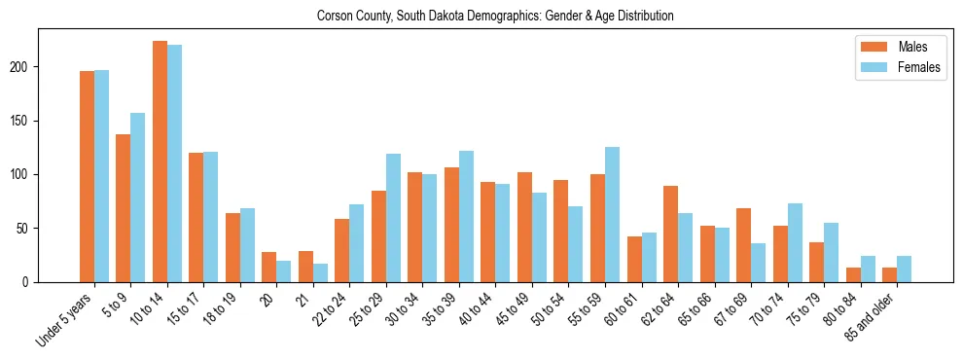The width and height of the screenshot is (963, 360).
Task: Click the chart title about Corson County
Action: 495,17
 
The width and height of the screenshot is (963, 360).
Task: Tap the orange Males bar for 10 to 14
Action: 160,162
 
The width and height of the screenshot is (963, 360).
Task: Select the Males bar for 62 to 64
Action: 670,234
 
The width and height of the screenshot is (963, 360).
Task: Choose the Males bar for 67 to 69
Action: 743,245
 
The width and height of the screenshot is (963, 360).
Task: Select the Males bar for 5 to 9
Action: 124,208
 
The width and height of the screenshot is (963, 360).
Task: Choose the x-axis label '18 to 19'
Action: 221,307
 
